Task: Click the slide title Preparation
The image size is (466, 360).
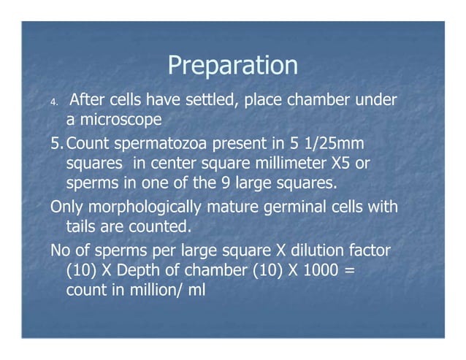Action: click(x=232, y=66)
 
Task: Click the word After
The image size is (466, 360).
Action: click(x=91, y=99)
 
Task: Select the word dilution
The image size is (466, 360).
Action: click(x=291, y=251)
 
